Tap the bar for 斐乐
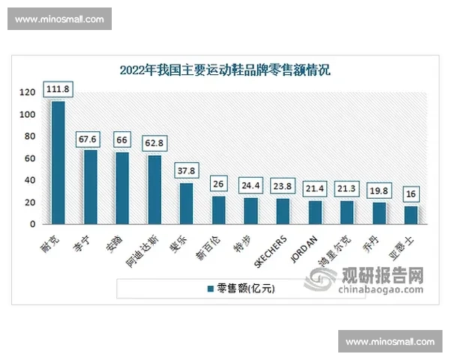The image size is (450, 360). pyautogui.click(x=186, y=203)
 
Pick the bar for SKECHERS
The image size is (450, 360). pyautogui.click(x=283, y=211)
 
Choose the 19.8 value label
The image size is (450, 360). pyautogui.click(x=379, y=191)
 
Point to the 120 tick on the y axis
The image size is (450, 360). pyautogui.click(x=28, y=93)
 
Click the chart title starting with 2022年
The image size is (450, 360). pyautogui.click(x=225, y=70)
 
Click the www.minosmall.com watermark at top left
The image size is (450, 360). pyautogui.click(x=60, y=19)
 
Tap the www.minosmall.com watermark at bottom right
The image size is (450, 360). pyautogui.click(x=390, y=342)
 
